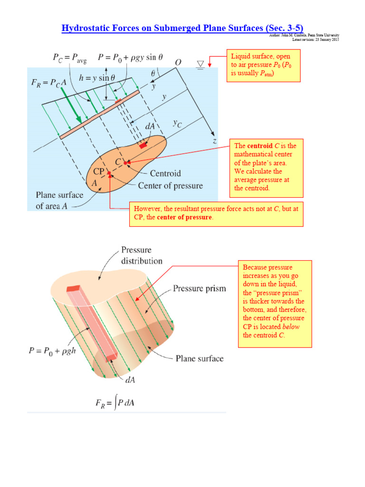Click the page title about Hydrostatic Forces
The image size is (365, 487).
pyautogui.click(x=182, y=28)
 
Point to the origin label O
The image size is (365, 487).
pyautogui.click(x=178, y=63)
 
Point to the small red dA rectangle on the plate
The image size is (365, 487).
pyautogui.click(x=143, y=146)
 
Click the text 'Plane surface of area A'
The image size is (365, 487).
pyautogui.click(x=59, y=200)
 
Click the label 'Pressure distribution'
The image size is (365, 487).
pyautogui.click(x=142, y=255)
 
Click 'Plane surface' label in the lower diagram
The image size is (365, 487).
pyautogui.click(x=200, y=359)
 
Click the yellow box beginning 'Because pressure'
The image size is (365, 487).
pyautogui.click(x=275, y=303)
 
